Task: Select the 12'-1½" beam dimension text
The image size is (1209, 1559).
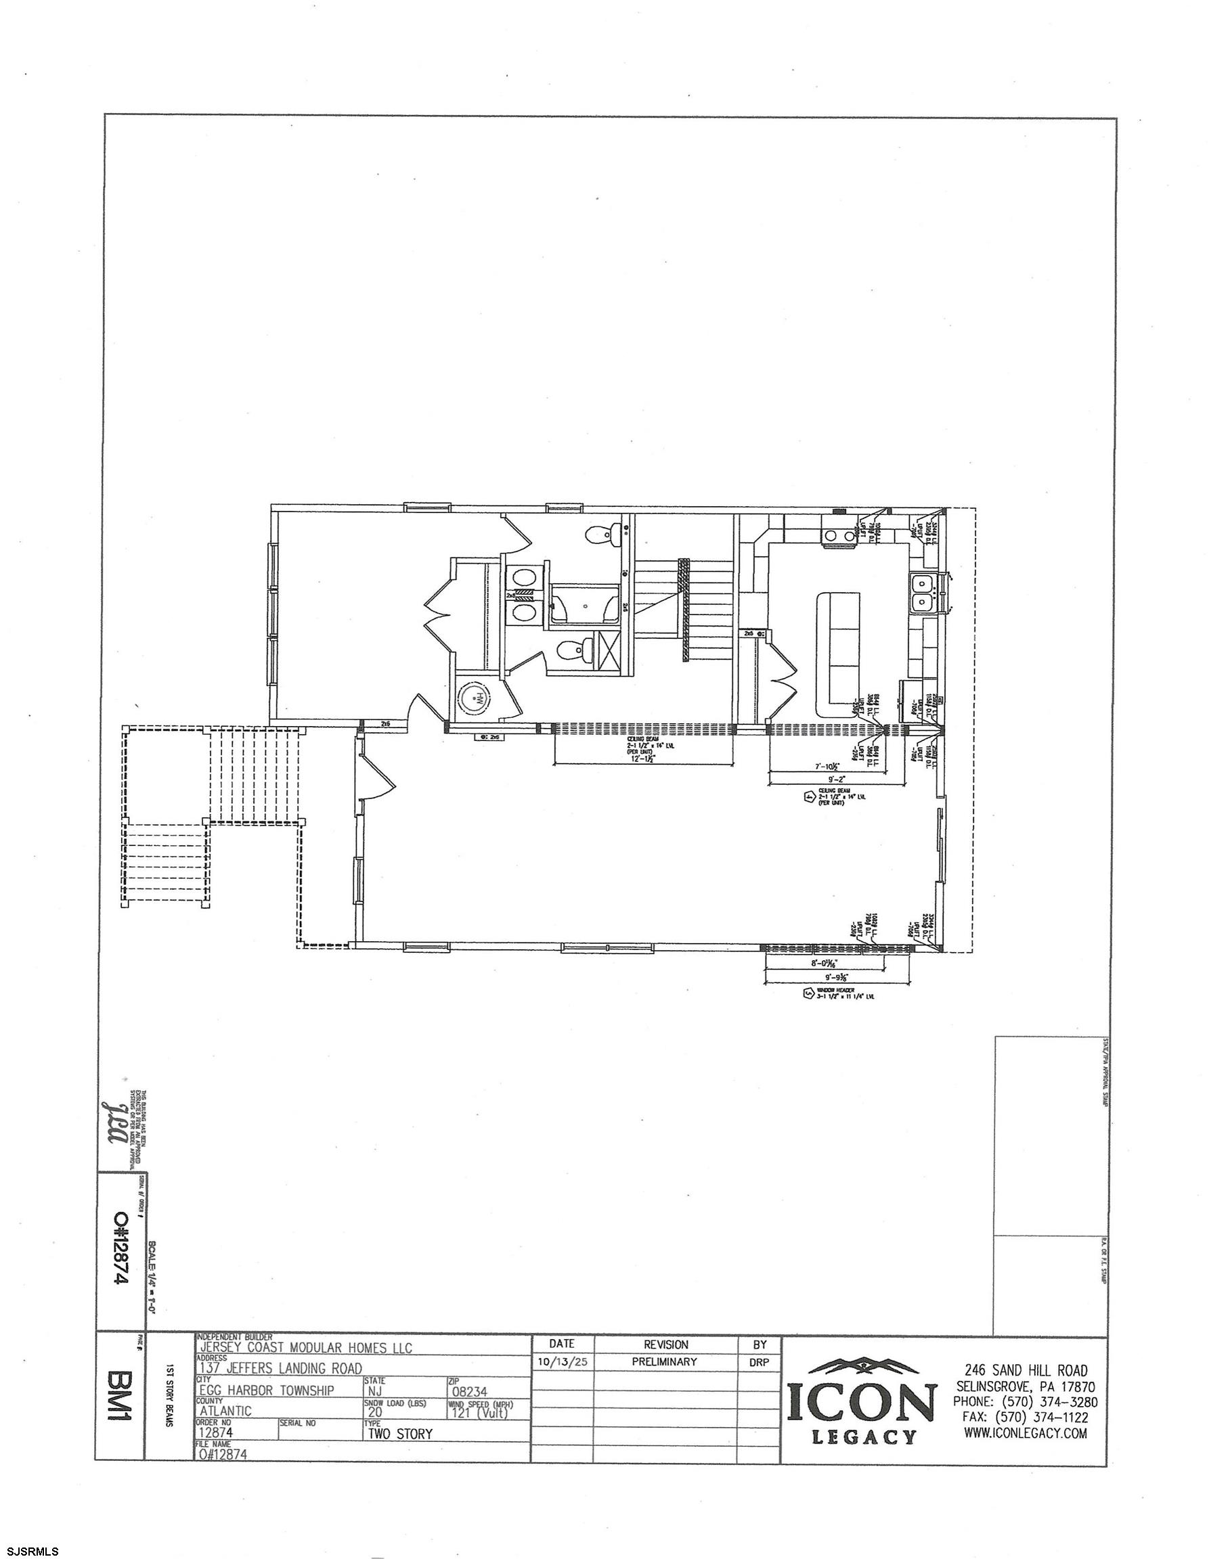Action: point(644,758)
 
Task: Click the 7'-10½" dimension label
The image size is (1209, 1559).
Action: point(827,766)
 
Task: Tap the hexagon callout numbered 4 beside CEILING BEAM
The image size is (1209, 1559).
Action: point(809,797)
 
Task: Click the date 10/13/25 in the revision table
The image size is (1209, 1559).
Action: point(563,1361)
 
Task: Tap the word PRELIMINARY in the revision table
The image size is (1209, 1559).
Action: point(663,1361)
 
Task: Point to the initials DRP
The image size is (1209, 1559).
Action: point(759,1362)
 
